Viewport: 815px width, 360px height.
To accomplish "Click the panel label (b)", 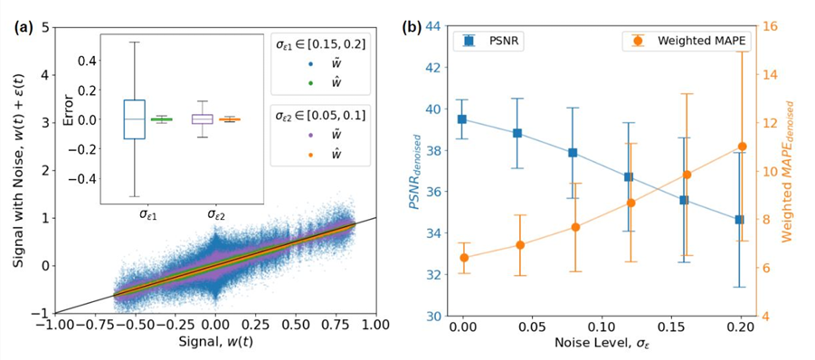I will (416, 26).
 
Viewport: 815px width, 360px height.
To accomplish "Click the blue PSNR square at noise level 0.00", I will (462, 118).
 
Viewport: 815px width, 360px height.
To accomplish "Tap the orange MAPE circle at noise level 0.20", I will (742, 147).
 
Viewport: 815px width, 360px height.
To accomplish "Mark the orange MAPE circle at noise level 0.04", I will (518, 245).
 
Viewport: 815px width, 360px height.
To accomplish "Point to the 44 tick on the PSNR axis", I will (439, 26).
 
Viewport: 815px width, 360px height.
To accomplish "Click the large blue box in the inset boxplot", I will (134, 118).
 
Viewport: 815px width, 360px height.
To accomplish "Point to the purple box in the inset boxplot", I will (202, 118).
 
